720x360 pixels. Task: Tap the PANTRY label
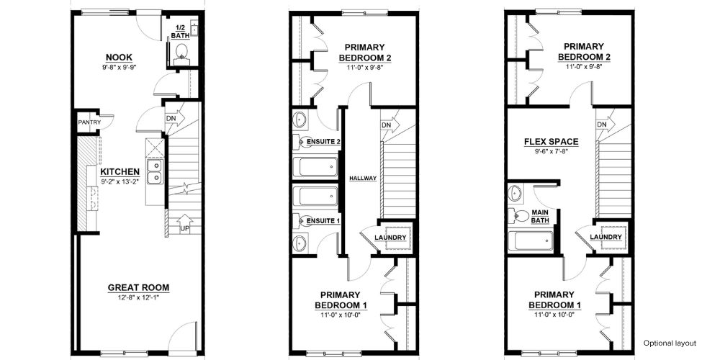[89, 122]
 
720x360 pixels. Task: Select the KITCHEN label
[120, 172]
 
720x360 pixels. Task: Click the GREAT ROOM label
[138, 288]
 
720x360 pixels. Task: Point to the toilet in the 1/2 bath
[182, 51]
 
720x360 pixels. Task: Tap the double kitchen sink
[156, 171]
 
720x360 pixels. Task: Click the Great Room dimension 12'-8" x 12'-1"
[138, 297]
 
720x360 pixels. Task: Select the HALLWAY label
[363, 178]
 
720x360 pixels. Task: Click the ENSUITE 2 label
[323, 141]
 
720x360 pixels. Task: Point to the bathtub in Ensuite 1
[315, 196]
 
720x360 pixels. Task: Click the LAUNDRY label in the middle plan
[390, 238]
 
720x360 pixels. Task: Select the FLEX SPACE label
[551, 142]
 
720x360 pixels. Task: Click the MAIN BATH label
[540, 216]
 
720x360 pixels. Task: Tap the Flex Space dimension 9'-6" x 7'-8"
[551, 150]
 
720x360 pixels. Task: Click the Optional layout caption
[670, 343]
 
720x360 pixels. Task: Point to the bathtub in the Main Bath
[531, 240]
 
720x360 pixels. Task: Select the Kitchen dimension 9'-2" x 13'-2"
[120, 182]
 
